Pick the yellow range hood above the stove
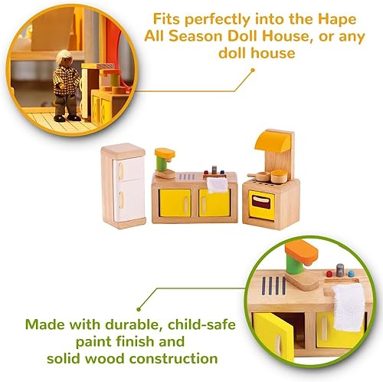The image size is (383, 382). pos(275,141)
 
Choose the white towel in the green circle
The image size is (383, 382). pos(349,306)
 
